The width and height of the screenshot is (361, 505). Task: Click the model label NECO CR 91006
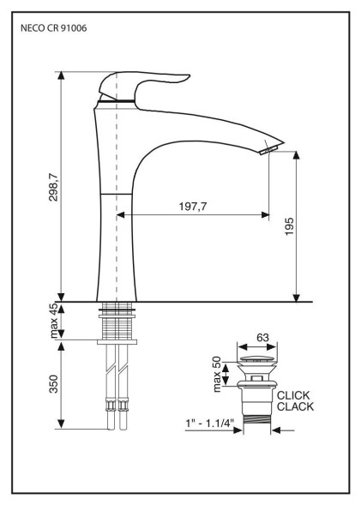53,28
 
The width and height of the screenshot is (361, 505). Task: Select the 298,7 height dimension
53,188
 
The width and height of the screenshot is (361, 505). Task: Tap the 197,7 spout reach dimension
193,207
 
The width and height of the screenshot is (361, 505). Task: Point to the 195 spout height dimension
290,226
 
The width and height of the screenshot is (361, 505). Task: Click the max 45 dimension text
54,321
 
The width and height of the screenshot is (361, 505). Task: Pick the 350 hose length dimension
53,384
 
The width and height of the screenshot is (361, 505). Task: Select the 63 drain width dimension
262,338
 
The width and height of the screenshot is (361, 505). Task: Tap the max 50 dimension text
218,374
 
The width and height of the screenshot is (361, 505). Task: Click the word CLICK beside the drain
293,395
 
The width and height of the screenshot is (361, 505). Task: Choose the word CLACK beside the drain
295,406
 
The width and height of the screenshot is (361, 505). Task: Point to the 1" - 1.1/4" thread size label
209,423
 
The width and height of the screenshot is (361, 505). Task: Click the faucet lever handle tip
188,76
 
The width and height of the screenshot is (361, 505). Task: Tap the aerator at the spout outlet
268,150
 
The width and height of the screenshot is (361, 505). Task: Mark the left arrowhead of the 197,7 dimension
120,215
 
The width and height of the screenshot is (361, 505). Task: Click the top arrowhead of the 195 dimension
297,155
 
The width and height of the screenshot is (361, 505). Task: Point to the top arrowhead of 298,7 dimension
61,75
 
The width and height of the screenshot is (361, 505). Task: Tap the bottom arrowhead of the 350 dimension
61,424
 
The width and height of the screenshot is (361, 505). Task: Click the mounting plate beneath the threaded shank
117,342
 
